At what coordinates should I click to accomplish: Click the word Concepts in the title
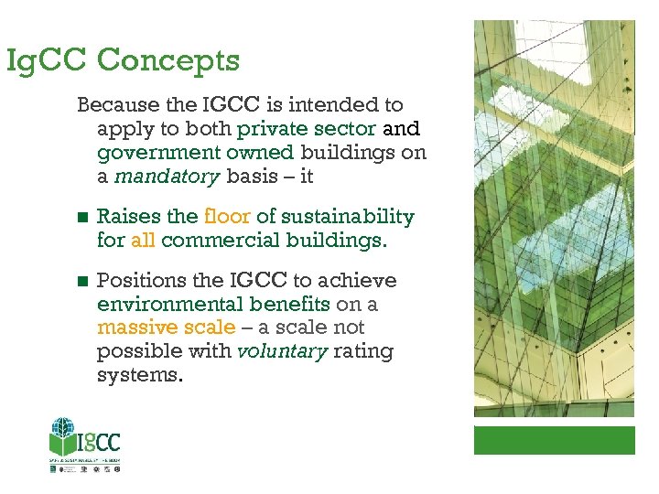167,60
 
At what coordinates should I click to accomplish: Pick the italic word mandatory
161,177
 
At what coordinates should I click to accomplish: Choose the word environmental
166,304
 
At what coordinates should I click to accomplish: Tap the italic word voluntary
282,351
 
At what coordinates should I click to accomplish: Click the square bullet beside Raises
82,218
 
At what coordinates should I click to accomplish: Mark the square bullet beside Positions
82,281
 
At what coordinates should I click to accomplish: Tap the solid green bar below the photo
554,440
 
